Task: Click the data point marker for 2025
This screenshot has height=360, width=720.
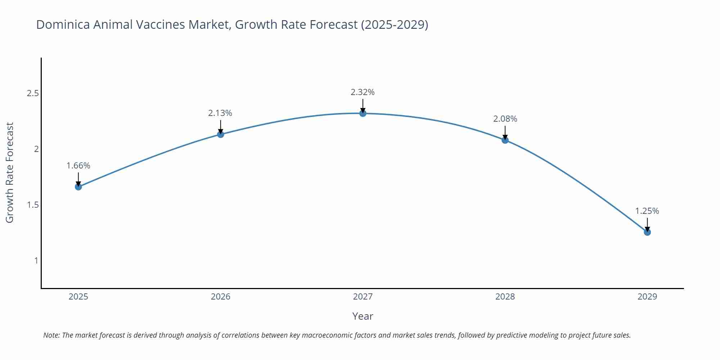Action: pos(78,187)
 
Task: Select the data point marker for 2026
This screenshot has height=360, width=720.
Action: pos(221,134)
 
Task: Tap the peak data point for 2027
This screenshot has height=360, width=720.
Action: pos(363,113)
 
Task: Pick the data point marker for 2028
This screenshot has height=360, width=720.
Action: pos(505,140)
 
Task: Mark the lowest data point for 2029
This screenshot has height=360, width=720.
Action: pos(647,232)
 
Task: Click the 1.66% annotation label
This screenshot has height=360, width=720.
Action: pos(78,166)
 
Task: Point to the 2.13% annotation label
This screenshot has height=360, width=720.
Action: pos(220,113)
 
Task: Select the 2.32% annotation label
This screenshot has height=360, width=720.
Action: pos(363,92)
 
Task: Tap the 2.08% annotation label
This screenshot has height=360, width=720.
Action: pos(505,119)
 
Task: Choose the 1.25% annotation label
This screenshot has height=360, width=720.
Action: pos(647,211)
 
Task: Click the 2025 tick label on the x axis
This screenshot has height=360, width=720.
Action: pos(78,297)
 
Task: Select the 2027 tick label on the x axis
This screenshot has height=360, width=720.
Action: pos(363,297)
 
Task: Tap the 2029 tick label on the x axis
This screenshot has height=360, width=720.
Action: pos(647,297)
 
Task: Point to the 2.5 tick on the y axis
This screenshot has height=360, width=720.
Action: pos(33,94)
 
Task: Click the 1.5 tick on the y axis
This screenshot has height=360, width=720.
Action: pos(33,205)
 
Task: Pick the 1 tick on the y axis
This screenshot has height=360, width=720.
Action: pos(36,260)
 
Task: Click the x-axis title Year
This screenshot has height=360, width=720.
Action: pos(363,316)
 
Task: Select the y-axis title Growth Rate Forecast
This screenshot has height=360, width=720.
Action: pos(10,172)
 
